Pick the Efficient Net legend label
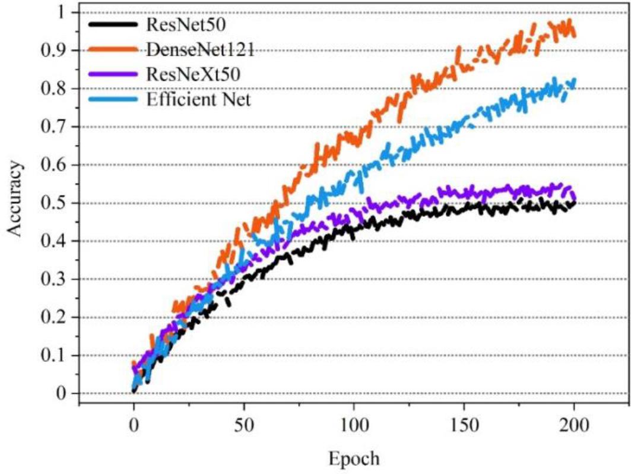198,99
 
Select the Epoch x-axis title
354,459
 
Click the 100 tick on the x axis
354,425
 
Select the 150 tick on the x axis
465,425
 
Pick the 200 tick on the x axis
575,425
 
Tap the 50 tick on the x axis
244,425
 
